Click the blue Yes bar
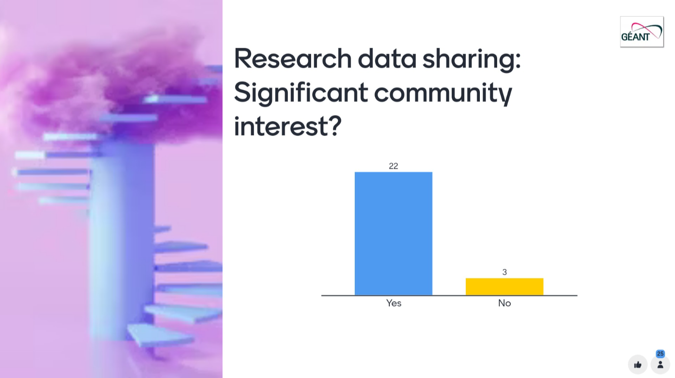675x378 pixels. coord(393,234)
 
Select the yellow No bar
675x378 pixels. coord(504,287)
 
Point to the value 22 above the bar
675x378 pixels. coord(393,166)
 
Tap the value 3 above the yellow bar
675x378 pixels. coord(504,272)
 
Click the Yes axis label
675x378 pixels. coord(393,303)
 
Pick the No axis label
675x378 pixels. coord(504,303)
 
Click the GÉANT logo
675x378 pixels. coord(641,32)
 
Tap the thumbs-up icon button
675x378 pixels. coord(638,365)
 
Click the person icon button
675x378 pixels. coord(660,365)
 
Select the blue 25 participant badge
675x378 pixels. coord(660,353)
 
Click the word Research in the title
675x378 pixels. coord(292,59)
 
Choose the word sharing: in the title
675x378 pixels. coord(472,60)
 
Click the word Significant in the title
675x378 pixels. coord(301,93)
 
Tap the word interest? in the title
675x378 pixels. coord(288,126)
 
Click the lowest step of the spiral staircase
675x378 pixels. coord(159,335)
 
